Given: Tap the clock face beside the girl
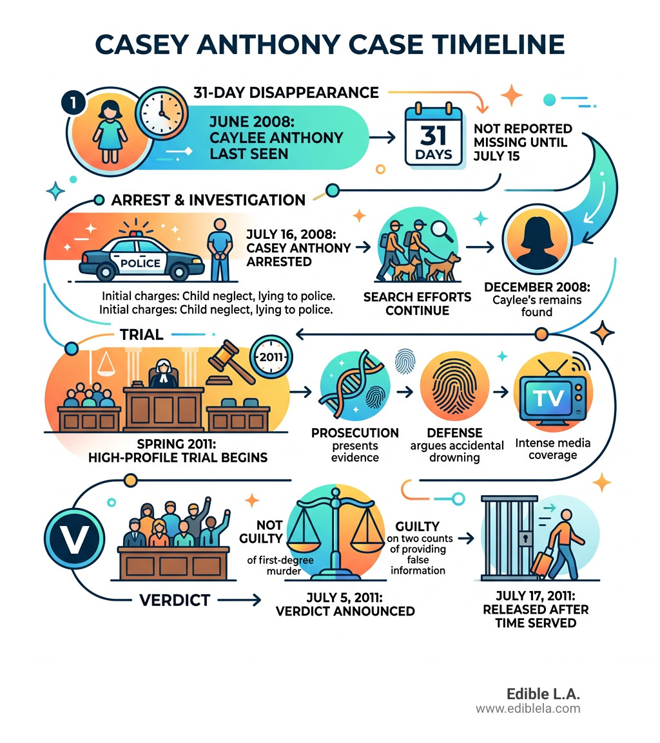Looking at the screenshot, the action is point(162,113).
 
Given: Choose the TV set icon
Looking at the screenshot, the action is point(552,397).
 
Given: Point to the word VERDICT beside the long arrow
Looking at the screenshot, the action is point(175,600).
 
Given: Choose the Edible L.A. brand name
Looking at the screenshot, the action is point(543,693).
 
